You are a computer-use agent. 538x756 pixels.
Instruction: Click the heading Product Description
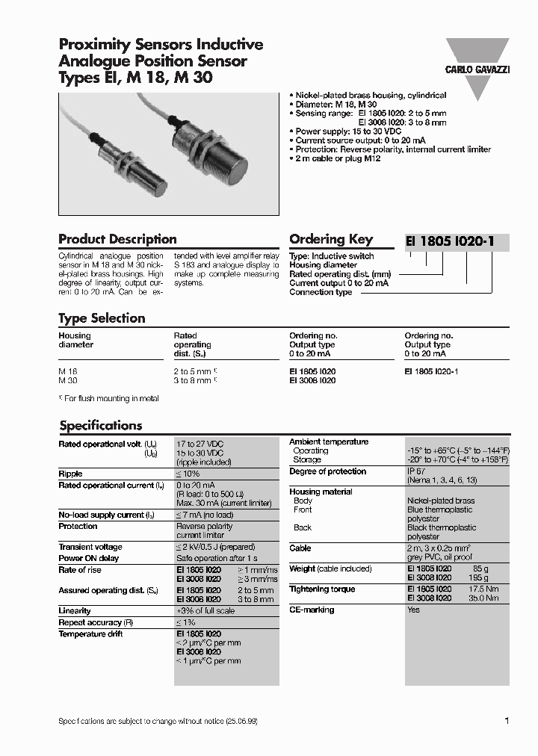coord(117,240)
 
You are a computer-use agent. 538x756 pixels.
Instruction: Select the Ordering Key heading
coord(330,240)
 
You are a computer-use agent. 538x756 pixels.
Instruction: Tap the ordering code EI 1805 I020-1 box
coord(455,241)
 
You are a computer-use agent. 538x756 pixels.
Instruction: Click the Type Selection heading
coord(102,318)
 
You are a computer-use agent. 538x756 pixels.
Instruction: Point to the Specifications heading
coord(100,426)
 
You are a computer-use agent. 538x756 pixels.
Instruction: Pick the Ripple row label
coord(70,474)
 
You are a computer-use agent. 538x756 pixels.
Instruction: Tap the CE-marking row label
coord(312,610)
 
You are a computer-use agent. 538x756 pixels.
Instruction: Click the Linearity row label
coord(75,610)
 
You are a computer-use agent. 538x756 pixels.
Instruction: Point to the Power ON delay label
coord(89,558)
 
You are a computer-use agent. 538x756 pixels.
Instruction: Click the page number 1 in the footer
coord(507,721)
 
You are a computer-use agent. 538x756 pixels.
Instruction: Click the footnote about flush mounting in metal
coord(109,399)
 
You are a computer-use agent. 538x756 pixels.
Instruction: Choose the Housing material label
coord(321,492)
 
